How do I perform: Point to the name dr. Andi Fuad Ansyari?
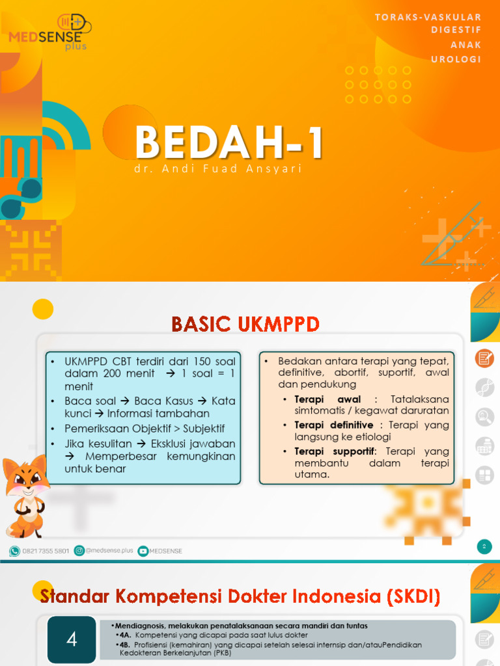click(217, 169)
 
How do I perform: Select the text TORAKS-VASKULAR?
click(428, 17)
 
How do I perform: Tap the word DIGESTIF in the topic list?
click(456, 31)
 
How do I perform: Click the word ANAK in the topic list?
click(466, 45)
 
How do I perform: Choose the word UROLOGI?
click(456, 59)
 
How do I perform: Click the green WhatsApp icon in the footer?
click(14, 551)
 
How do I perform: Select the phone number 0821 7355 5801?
click(46, 551)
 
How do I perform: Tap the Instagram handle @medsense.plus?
click(109, 551)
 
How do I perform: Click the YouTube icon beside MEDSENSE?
click(143, 551)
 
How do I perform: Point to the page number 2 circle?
click(484, 546)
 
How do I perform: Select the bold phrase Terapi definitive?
click(334, 425)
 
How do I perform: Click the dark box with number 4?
click(72, 639)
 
